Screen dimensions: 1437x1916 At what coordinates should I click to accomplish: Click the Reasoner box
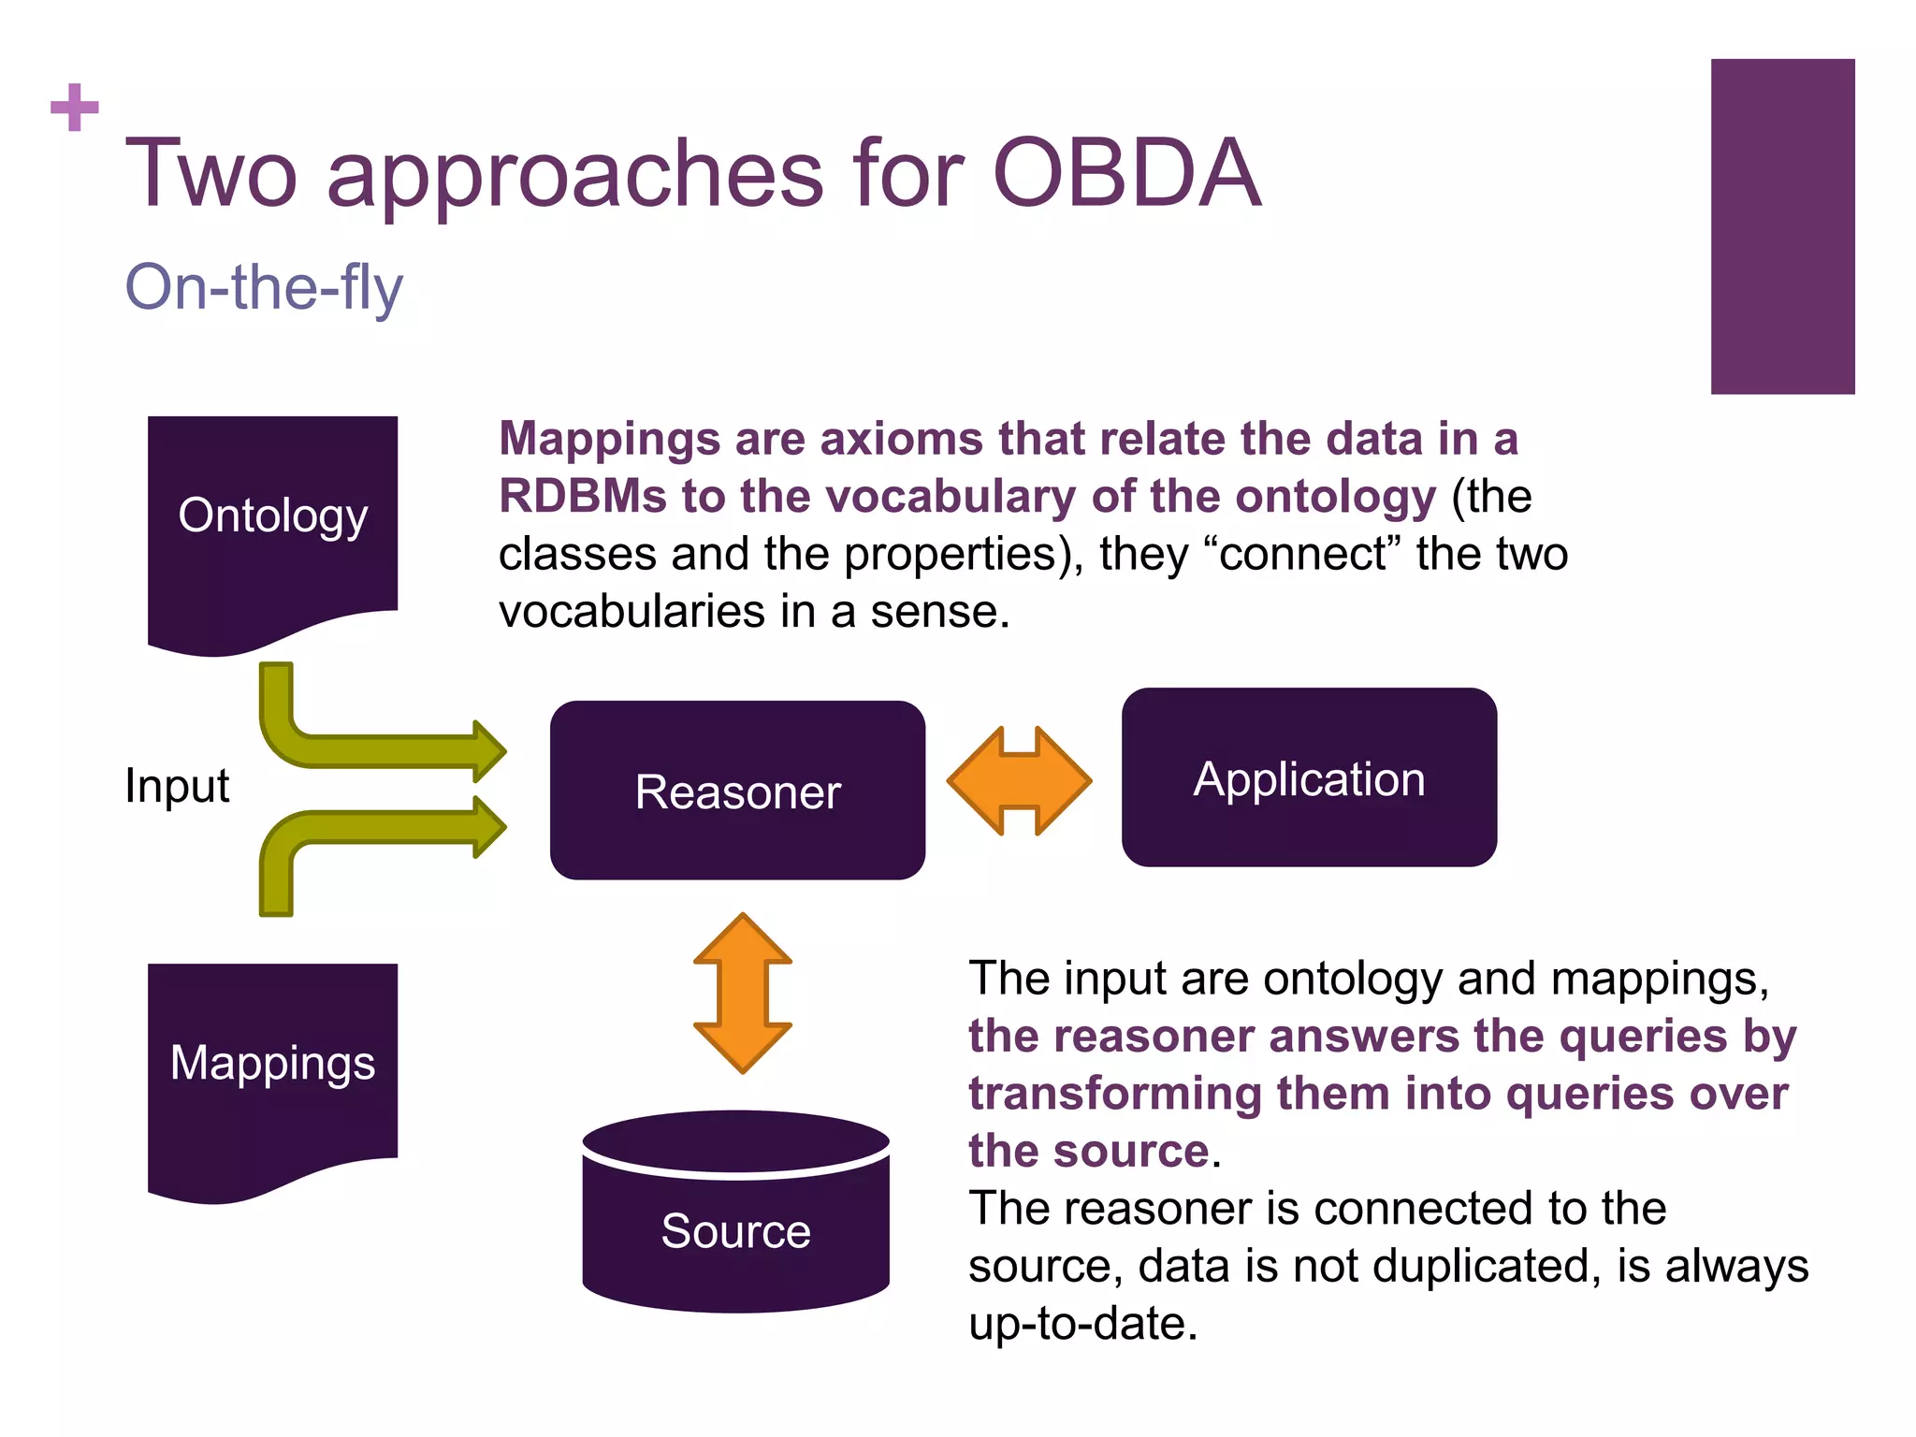coord(737,791)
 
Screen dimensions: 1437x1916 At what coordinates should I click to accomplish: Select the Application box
coord(1309,777)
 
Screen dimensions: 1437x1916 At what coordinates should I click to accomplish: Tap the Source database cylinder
coord(735,1216)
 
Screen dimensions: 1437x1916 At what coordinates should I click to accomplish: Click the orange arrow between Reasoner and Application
coord(1019,780)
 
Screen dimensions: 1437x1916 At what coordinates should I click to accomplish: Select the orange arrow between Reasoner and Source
coord(742,993)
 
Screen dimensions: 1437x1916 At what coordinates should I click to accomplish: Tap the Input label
coord(177,785)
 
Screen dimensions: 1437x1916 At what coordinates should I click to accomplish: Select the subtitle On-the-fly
coord(264,287)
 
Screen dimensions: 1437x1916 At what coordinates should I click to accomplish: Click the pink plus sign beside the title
coord(75,108)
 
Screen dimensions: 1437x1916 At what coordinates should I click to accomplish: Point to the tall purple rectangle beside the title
coord(1782,226)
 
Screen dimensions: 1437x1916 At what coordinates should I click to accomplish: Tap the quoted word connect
coord(1301,554)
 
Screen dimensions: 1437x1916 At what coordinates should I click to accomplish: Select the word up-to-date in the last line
coord(1082,1324)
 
